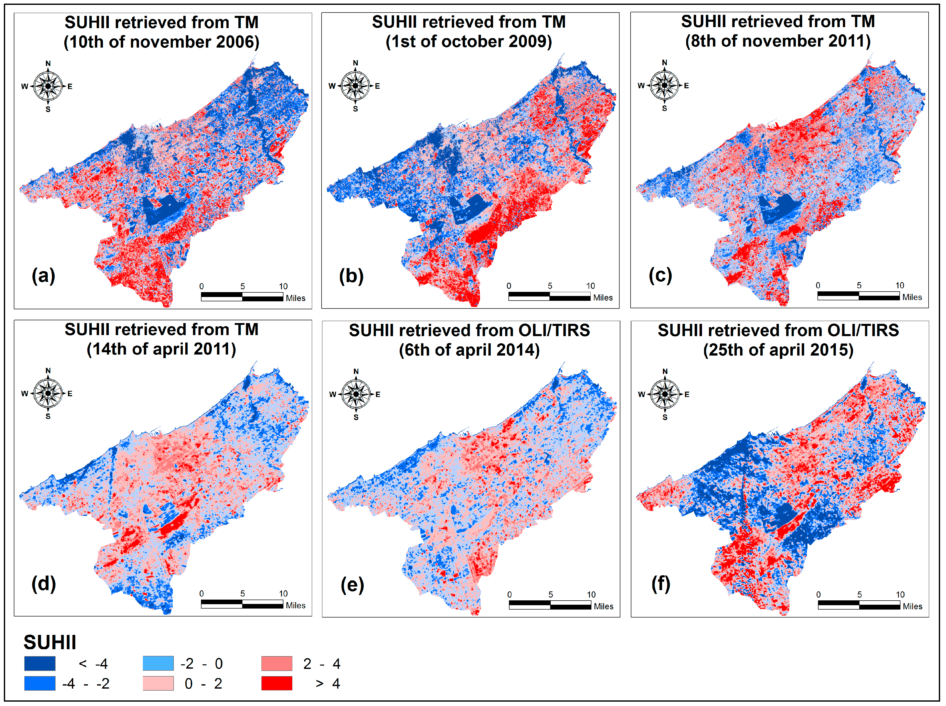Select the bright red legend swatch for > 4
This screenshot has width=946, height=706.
coord(277,683)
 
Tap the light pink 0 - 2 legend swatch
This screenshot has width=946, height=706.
coord(158,683)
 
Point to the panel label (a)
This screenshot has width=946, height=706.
coord(43,276)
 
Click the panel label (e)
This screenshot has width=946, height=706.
coord(352,585)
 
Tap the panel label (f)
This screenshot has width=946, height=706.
coord(661,584)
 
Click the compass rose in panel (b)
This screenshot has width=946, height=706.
coord(355,86)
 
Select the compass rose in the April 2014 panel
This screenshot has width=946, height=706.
coord(356,394)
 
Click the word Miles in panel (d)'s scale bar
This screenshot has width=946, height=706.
coord(295,605)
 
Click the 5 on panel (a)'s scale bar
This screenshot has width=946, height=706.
coord(242,286)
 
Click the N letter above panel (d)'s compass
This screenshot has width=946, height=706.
coord(48,370)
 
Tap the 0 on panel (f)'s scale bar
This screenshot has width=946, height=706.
coord(818,594)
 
